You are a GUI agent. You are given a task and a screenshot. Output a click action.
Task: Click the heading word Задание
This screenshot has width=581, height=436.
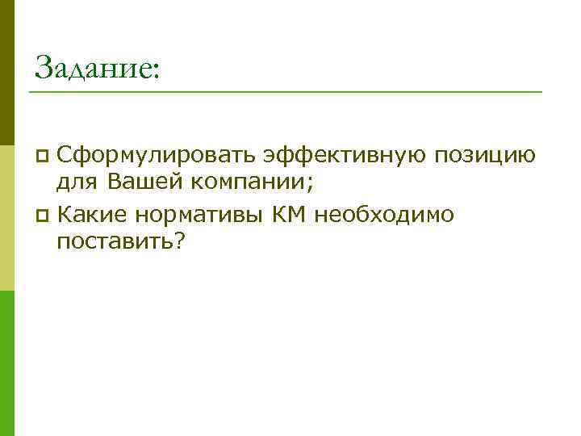(90, 66)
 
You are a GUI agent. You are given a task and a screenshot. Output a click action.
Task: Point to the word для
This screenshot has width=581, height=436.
(77, 184)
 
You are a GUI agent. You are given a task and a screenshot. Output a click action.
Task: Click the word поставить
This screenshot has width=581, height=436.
(114, 243)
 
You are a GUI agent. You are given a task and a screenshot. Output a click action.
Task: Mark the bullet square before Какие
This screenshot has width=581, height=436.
(44, 215)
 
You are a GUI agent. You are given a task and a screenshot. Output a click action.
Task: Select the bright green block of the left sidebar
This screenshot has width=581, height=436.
(6, 363)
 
